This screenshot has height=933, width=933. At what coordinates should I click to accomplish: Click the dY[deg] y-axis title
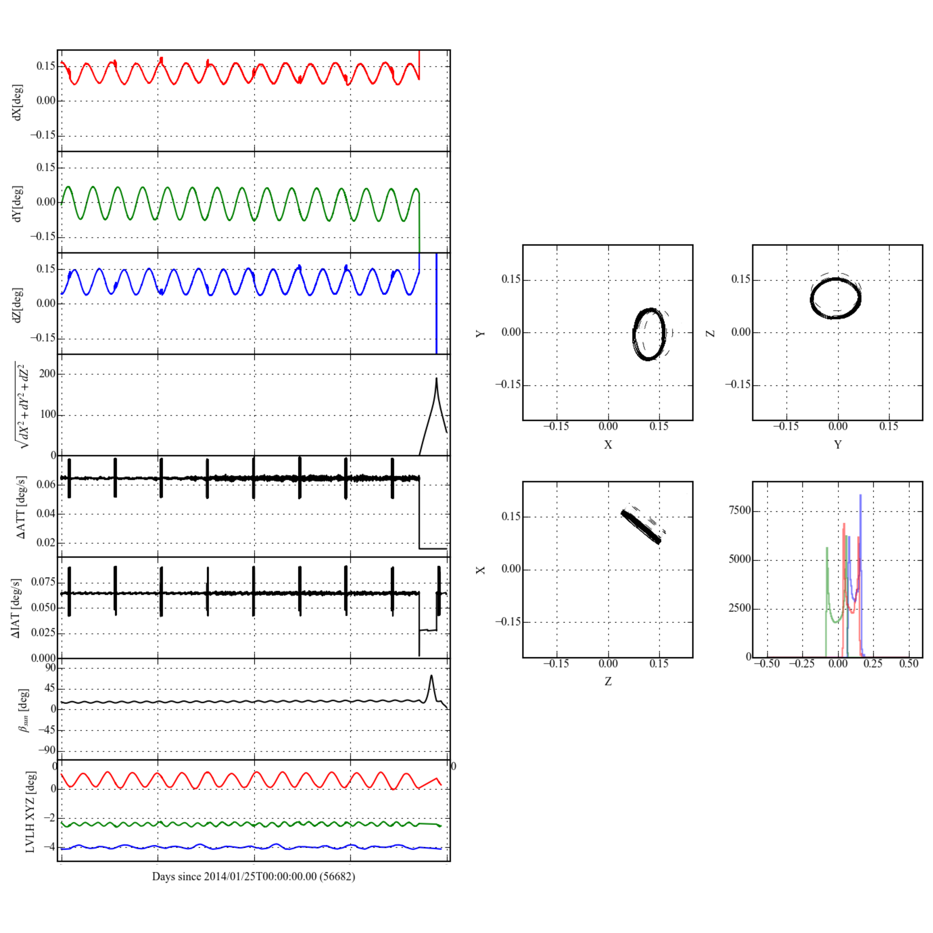click(x=17, y=204)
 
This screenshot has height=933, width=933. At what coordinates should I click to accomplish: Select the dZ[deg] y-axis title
click(x=17, y=305)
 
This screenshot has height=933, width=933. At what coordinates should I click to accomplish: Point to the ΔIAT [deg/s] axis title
click(x=16, y=608)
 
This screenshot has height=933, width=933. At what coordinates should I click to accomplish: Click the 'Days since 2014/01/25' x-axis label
click(x=253, y=877)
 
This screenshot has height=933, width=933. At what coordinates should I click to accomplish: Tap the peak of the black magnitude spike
click(x=436, y=378)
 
